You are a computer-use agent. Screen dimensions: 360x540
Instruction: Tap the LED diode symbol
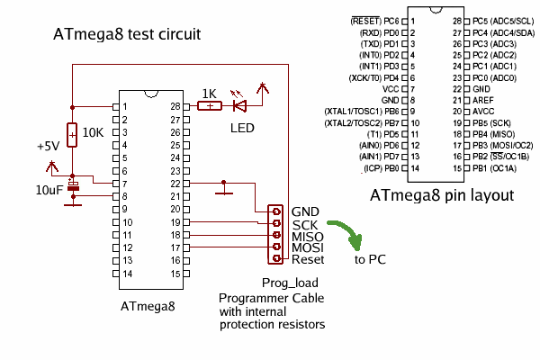[x=239, y=106]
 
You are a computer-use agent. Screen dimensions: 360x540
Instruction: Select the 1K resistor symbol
[x=209, y=106]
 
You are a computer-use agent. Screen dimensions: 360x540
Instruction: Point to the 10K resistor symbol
[x=72, y=132]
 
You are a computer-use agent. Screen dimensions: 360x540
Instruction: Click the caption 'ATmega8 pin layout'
[x=442, y=194]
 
